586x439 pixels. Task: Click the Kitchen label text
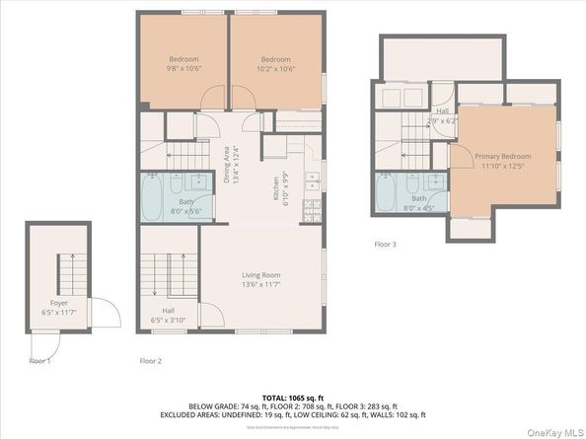click(275, 183)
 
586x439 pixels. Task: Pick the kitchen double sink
click(311, 182)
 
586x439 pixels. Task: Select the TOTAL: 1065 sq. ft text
click(292, 397)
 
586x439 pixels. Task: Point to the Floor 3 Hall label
click(443, 115)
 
